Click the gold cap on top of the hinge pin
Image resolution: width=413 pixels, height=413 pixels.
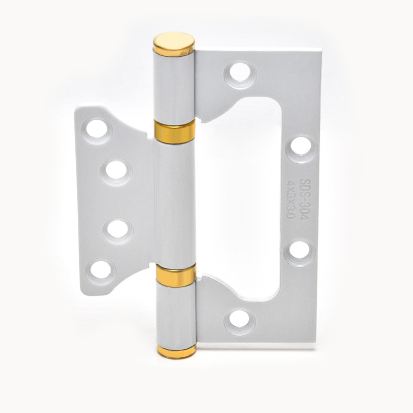[174, 45]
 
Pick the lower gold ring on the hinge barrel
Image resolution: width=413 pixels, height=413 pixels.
[176, 275]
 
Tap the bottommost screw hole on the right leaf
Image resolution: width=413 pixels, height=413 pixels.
[239, 319]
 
